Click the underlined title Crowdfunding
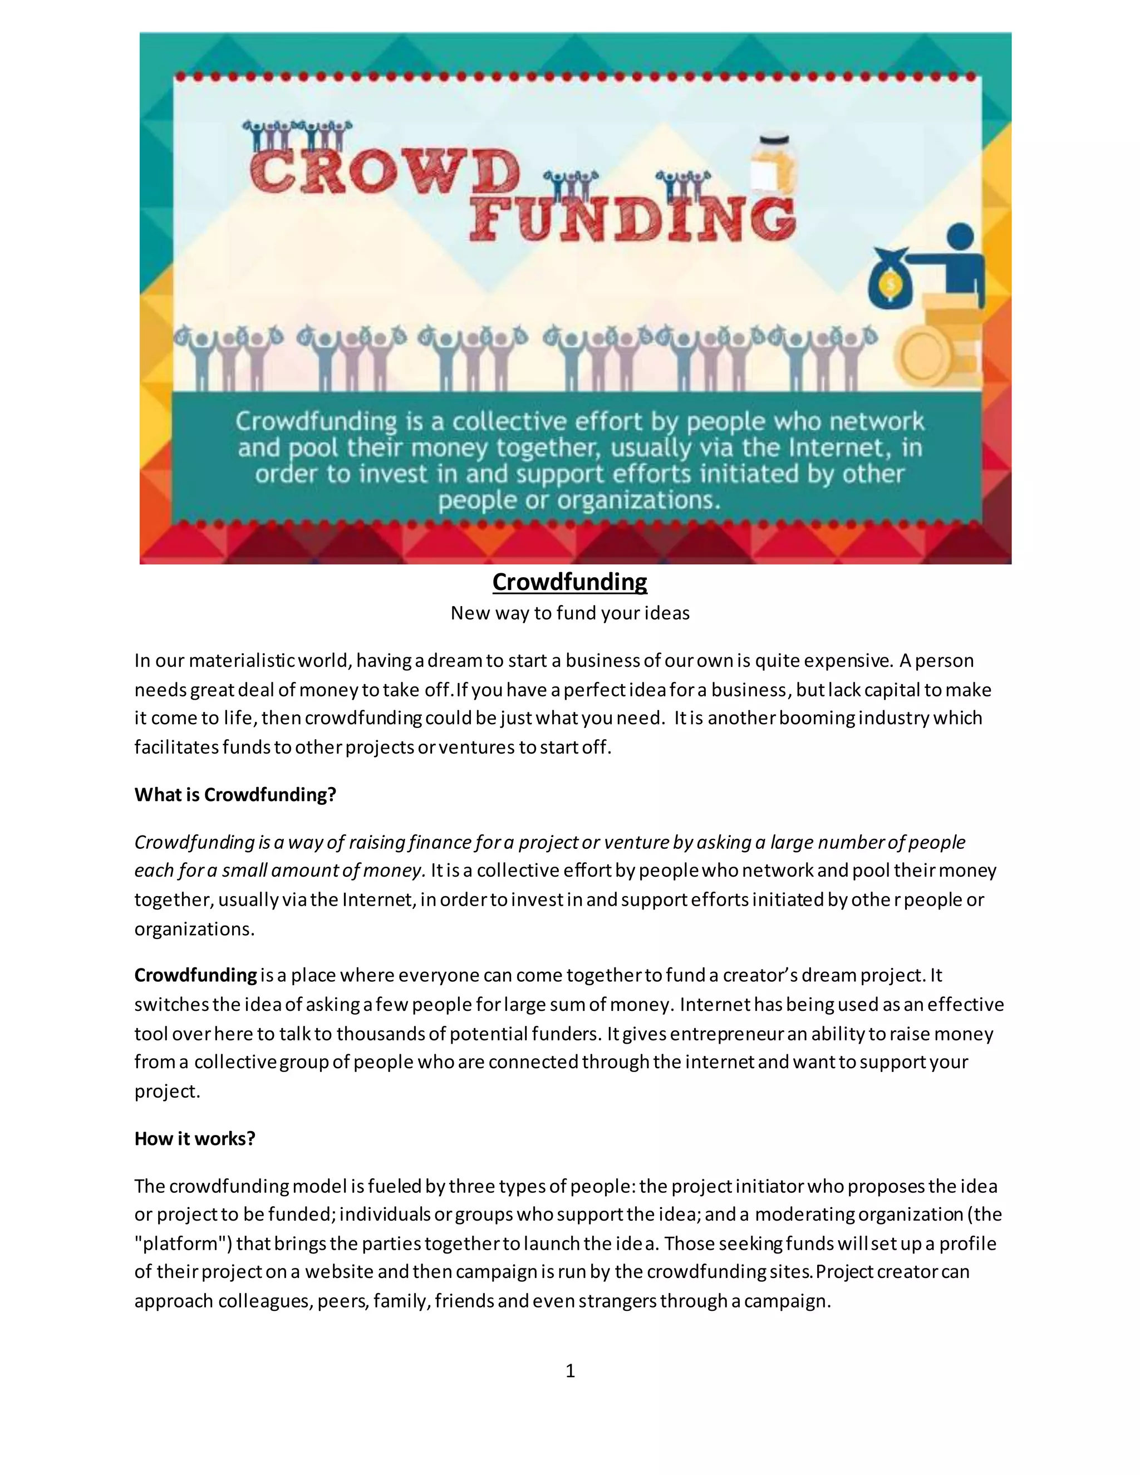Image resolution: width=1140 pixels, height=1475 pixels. (569, 582)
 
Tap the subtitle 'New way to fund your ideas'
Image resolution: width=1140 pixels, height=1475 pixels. (569, 613)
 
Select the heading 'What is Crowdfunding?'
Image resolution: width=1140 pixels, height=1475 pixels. (235, 794)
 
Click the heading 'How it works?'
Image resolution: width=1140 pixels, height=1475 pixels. (194, 1139)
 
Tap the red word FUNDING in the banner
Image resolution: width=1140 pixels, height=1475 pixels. (633, 218)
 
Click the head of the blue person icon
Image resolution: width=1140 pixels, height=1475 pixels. (961, 238)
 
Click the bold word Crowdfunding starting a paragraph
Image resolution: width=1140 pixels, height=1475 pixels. (195, 975)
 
